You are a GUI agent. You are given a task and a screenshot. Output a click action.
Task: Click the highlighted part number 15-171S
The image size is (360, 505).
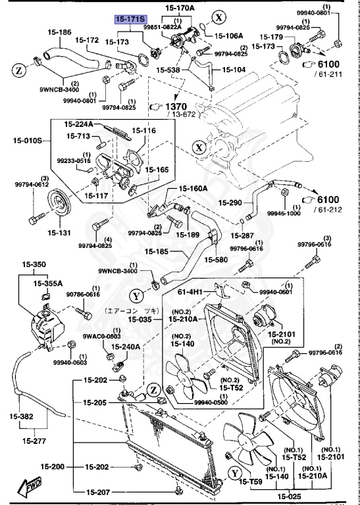pos(131,20)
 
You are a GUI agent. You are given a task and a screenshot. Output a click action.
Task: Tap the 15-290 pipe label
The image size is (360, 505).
pos(232,203)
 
